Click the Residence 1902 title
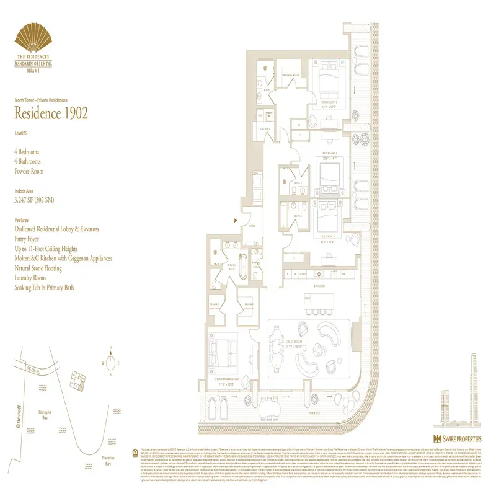click(x=51, y=113)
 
